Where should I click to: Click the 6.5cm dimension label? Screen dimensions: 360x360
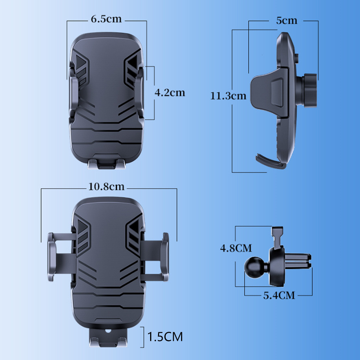[106, 19]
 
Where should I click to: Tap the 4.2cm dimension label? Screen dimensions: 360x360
[170, 93]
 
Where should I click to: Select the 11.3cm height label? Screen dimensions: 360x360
[228, 96]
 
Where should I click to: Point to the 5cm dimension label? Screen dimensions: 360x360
[287, 21]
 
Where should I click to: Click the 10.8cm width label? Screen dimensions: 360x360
[106, 186]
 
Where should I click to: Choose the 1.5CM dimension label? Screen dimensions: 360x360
[165, 337]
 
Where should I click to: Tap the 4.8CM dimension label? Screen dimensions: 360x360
[236, 248]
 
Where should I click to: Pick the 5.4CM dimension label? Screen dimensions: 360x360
[279, 296]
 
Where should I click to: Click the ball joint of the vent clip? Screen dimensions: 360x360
[254, 267]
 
